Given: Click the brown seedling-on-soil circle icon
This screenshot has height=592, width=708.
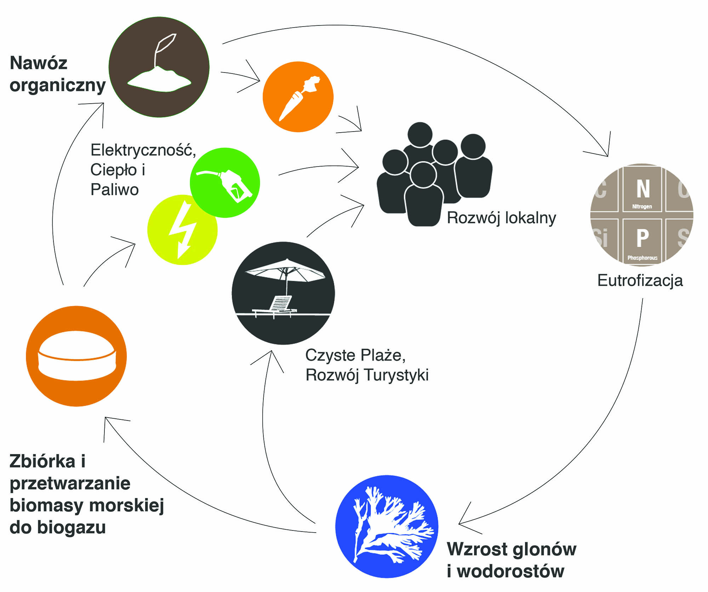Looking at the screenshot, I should (159, 67).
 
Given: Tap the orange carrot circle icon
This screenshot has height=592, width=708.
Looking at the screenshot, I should (298, 97).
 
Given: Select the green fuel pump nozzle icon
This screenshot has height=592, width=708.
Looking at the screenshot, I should (225, 182).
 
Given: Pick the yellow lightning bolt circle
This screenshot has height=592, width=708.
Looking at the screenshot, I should (182, 230).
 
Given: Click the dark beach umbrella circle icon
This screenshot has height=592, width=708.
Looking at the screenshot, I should (283, 293).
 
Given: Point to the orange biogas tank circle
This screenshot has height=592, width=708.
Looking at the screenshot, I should (76, 356).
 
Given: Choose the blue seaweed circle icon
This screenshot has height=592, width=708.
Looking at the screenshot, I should (387, 526).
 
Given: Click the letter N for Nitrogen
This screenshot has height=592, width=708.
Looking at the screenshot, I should (643, 189).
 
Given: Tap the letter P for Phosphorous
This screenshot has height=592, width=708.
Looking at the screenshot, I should (642, 238).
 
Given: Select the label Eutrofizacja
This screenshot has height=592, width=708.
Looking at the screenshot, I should (640, 280).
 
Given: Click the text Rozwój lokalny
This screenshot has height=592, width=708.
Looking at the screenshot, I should (501, 218).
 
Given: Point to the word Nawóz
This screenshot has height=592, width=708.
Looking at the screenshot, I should (38, 63).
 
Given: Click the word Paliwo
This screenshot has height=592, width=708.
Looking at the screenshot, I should (114, 190).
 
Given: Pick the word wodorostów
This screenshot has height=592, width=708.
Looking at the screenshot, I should (510, 571).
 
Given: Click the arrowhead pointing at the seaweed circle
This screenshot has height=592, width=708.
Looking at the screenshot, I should (460, 523).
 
